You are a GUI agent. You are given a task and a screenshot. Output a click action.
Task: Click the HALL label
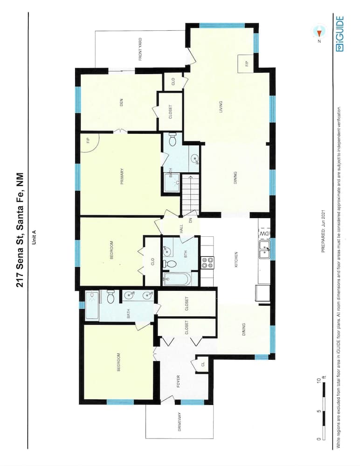coord(180,229)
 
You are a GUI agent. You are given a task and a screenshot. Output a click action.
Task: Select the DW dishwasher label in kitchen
coord(264,233)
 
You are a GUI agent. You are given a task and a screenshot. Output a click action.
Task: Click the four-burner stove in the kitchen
coord(207,262)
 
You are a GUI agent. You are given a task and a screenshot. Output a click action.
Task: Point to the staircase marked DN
coord(189,195)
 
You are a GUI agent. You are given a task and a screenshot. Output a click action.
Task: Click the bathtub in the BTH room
coord(177,279)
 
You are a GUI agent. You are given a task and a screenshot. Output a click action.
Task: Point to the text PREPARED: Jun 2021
coord(323,231)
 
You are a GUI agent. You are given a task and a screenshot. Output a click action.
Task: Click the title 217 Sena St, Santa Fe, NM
coord(20,230)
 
